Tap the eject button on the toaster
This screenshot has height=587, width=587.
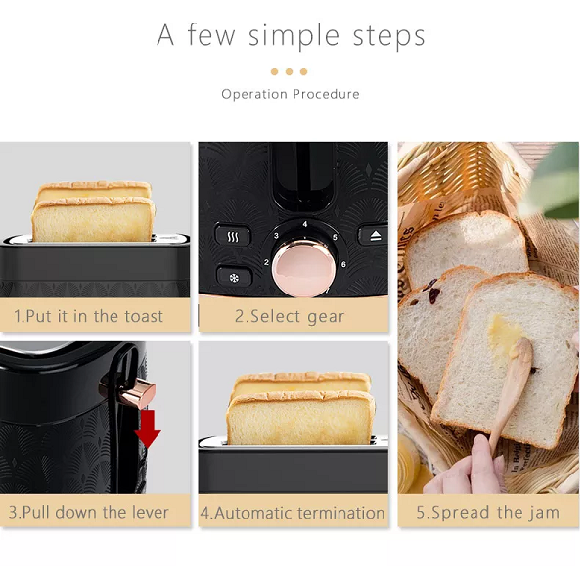coord(375,237)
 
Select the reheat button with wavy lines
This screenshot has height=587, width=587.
coord(233,237)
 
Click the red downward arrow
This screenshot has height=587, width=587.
coord(147,427)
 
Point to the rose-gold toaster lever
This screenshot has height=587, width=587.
coord(140,393)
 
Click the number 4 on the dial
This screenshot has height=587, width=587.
coord(305,224)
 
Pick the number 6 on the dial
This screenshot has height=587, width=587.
coord(342,264)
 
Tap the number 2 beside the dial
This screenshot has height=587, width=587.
coord(266,262)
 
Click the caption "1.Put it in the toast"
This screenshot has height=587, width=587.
coord(88,316)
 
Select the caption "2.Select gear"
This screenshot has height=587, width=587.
coord(290,316)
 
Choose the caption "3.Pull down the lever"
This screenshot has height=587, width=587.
coord(88,512)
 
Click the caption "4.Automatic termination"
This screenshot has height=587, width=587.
coord(293,513)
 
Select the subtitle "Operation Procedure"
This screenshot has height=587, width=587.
coord(291,94)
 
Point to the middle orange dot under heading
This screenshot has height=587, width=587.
coord(290,71)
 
